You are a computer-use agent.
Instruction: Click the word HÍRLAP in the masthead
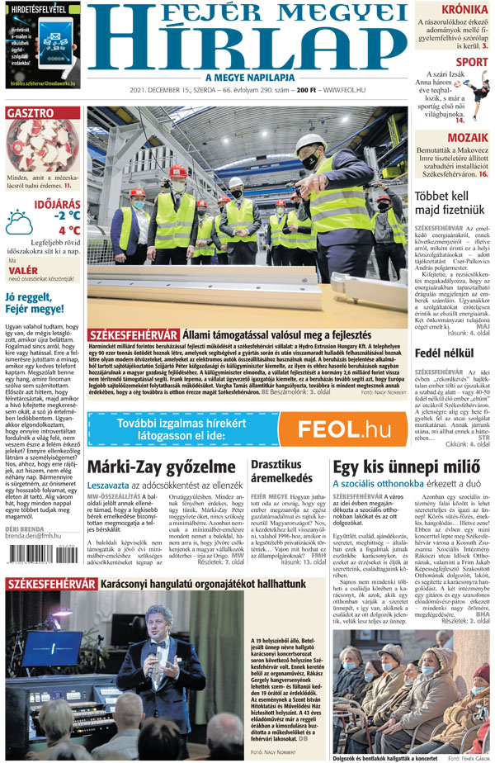247,48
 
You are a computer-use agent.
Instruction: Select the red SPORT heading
471,62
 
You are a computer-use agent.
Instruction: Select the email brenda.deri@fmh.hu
40,604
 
